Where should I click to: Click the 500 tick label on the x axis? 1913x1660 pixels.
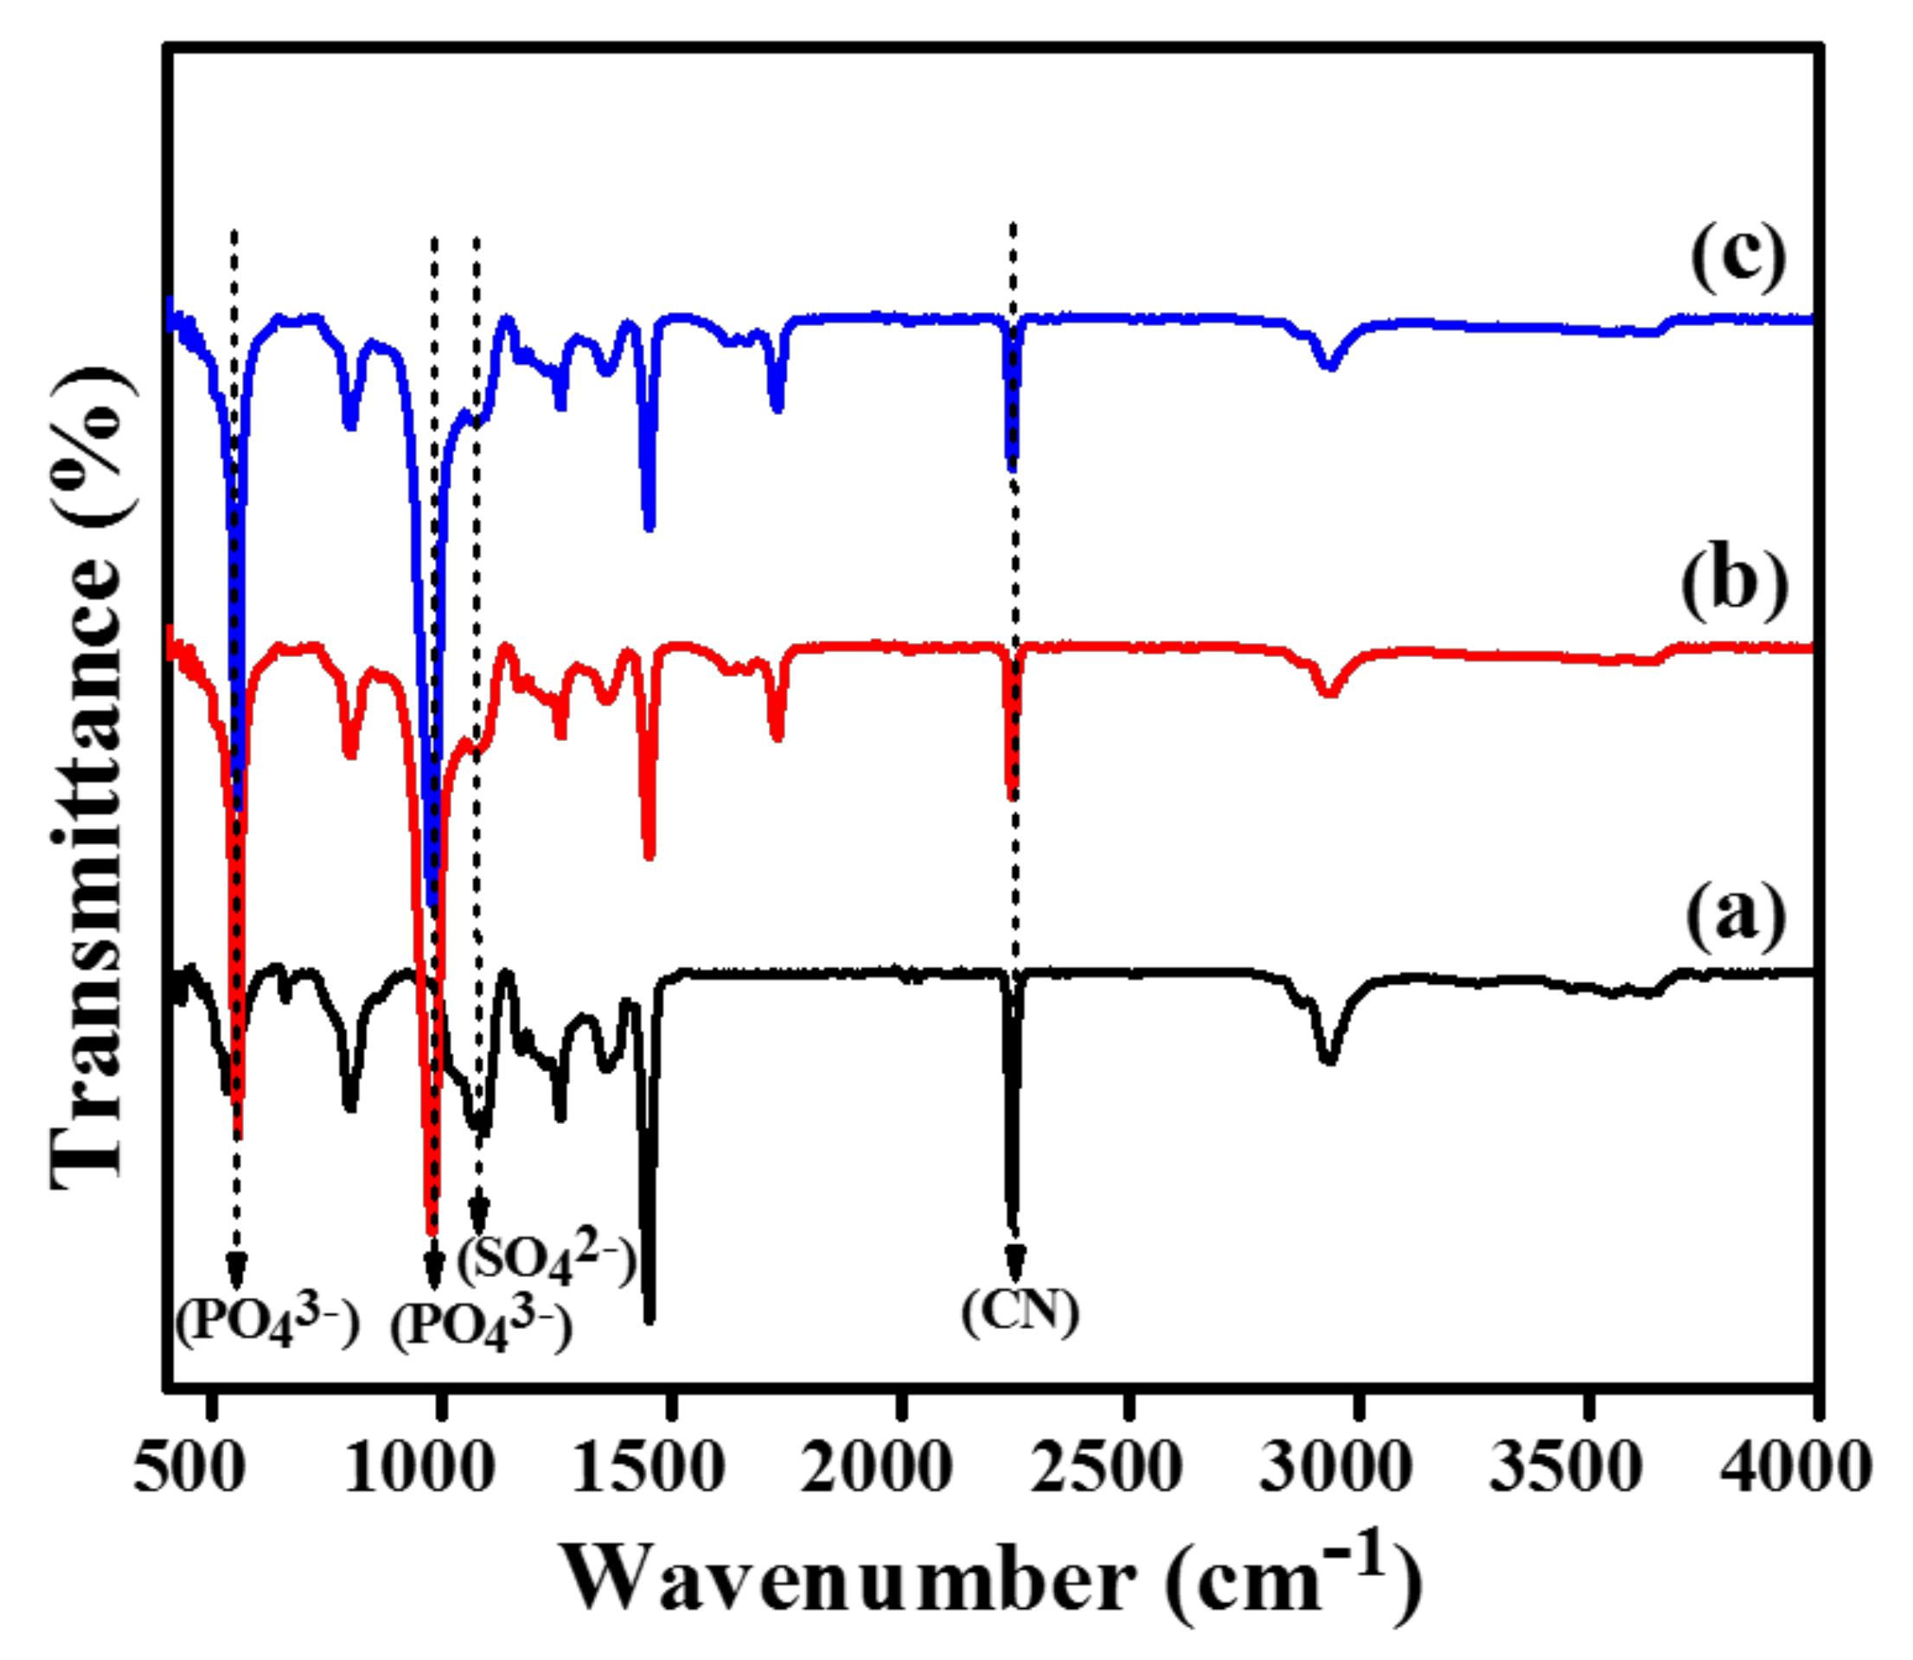click(189, 1467)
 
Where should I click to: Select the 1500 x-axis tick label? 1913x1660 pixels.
click(648, 1467)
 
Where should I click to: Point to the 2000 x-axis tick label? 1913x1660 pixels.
click(876, 1467)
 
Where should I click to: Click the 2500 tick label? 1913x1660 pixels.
click(1105, 1467)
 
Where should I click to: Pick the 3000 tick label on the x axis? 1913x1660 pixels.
click(1335, 1467)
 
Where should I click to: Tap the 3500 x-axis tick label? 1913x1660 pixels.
click(1564, 1467)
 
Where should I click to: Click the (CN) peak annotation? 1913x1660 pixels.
click(1020, 1311)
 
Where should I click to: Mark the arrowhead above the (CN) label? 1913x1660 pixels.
click(1015, 1262)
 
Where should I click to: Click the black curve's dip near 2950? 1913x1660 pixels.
click(1329, 1059)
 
